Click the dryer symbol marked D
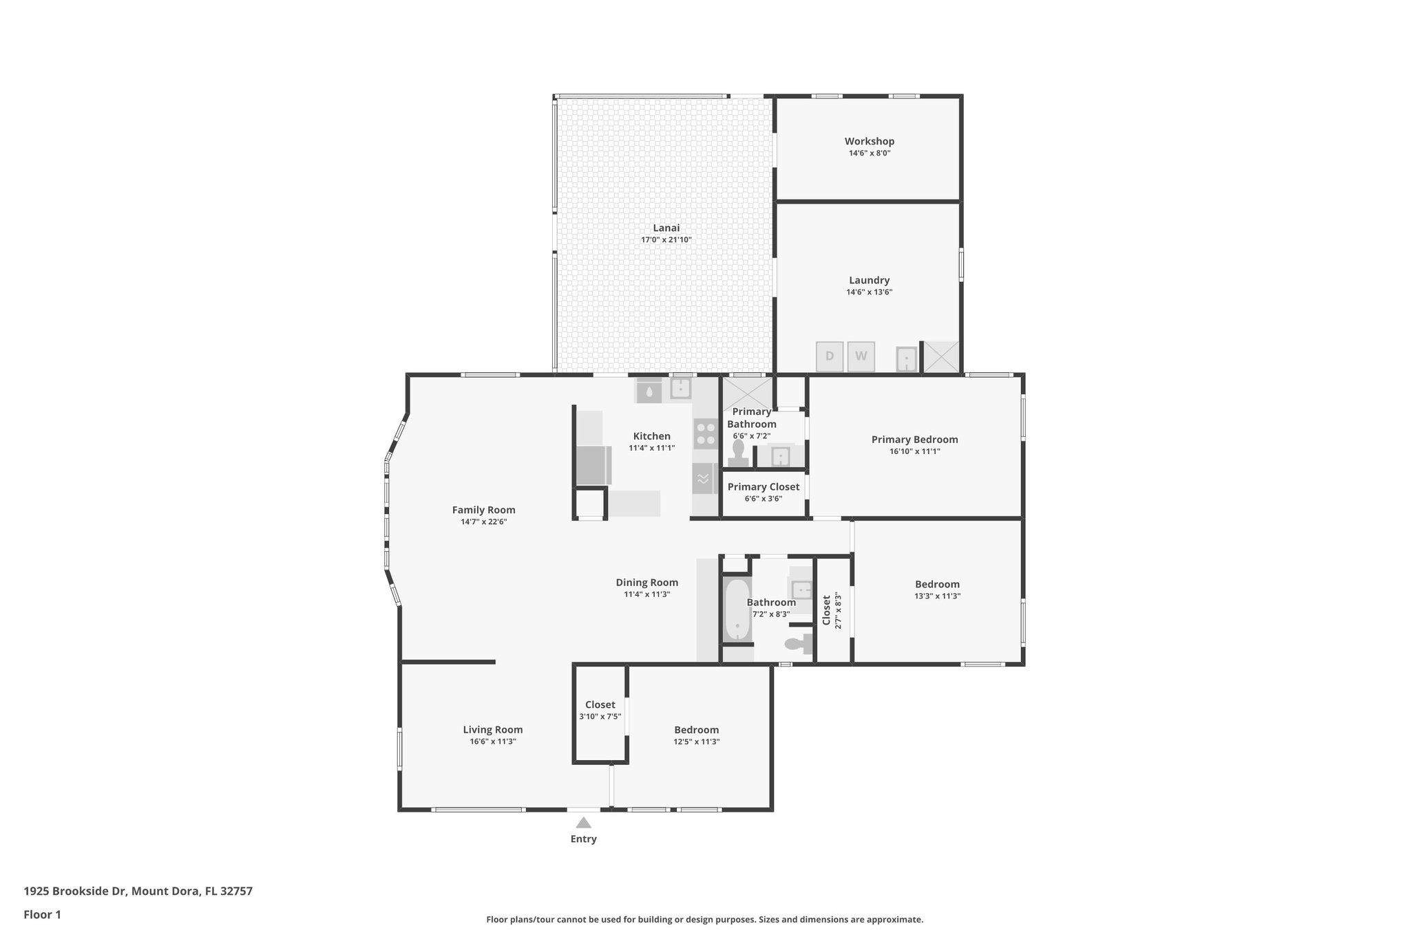click(x=830, y=356)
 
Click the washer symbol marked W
click(x=861, y=356)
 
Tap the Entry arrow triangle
click(x=583, y=823)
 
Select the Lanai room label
click(x=666, y=228)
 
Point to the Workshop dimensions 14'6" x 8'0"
click(x=869, y=153)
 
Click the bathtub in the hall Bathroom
click(x=737, y=609)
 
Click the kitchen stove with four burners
click(x=705, y=434)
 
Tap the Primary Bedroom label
click(x=914, y=440)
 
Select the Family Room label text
click(x=483, y=510)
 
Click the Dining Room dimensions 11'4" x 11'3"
click(x=646, y=594)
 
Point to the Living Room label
click(x=492, y=730)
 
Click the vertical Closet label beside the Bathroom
click(x=827, y=610)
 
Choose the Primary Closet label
click(x=763, y=487)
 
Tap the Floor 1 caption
click(x=42, y=914)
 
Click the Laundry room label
click(x=869, y=280)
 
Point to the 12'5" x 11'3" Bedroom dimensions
click(x=696, y=742)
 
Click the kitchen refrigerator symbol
click(x=593, y=465)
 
